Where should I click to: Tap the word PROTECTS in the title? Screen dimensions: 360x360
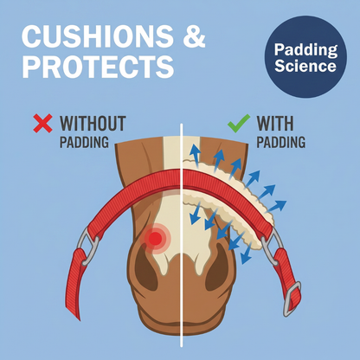coord(98,67)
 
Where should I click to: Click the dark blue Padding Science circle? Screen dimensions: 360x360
coord(305,57)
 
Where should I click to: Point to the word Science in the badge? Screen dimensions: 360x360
coord(305,66)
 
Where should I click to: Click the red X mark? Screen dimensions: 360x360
coord(43,123)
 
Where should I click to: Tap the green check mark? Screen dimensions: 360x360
coord(239,123)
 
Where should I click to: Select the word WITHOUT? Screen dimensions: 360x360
coord(93,123)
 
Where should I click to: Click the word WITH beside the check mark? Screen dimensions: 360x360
coord(275,123)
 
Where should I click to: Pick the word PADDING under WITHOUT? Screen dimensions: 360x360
coord(84,142)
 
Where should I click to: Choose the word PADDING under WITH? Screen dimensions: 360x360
coord(281,142)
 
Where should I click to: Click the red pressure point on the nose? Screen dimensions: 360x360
coord(156,238)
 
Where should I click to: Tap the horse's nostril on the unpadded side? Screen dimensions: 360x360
coord(145,269)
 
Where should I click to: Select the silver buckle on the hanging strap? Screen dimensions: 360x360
coord(292,299)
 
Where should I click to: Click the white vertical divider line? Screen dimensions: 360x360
coord(182,235)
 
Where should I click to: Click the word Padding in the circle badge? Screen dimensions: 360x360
coord(306,50)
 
